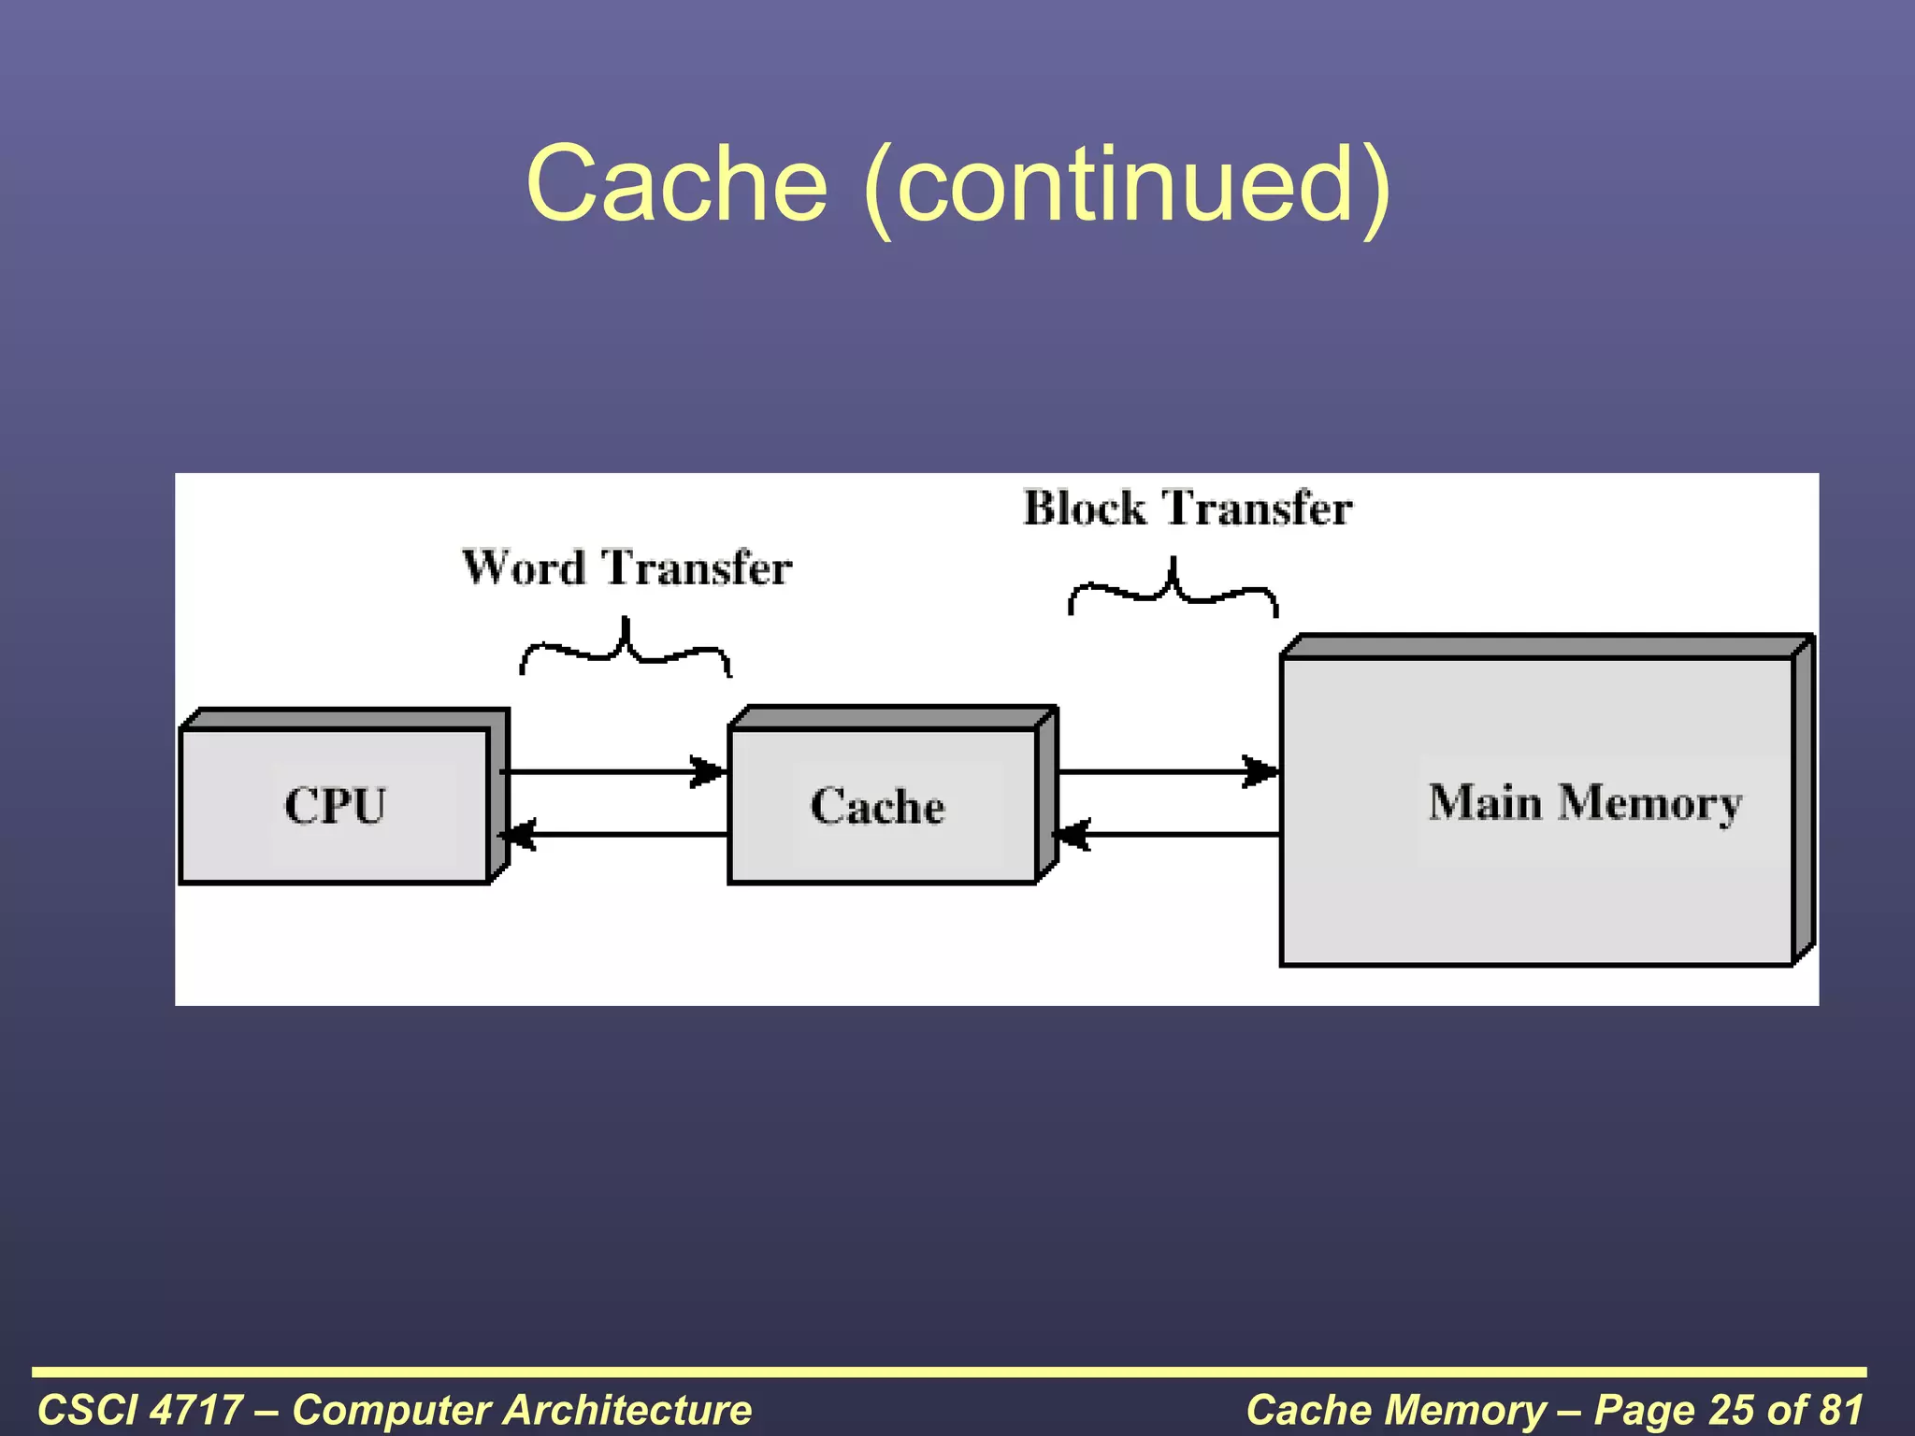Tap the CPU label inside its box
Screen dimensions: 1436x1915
[335, 805]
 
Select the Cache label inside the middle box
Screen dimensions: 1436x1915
[877, 806]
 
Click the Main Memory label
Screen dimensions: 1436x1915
[1585, 802]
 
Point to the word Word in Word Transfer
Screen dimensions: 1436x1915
[524, 567]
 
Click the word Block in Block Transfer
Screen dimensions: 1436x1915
[1084, 509]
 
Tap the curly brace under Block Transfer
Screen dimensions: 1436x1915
[1173, 588]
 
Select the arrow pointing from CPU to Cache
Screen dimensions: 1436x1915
[612, 772]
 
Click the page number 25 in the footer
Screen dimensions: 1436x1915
[1731, 1410]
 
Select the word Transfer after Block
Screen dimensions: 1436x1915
[1257, 509]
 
